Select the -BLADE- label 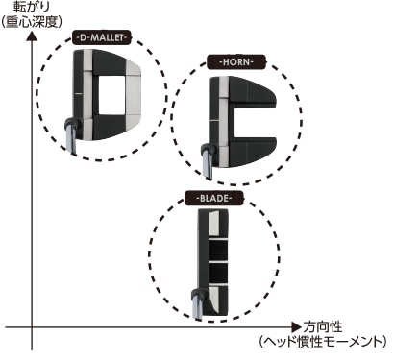point(216,199)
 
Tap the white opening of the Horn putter point(257,112)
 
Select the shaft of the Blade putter point(196,305)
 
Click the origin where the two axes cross point(32,327)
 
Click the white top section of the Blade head point(216,223)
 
